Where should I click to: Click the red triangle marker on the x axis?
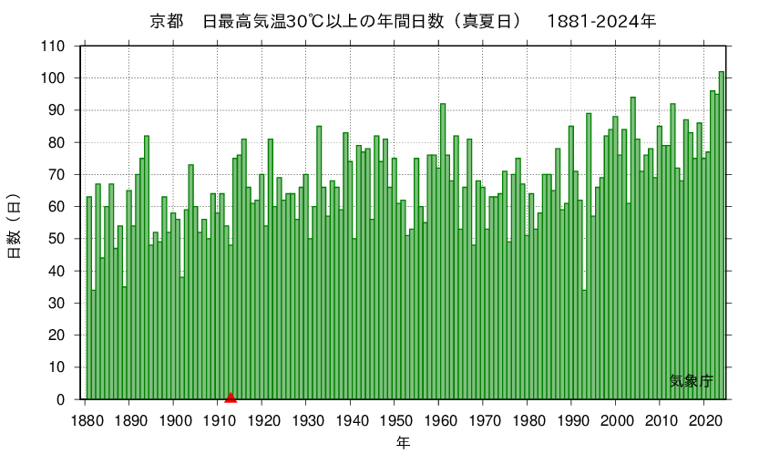point(231,397)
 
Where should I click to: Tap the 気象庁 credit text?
point(692,381)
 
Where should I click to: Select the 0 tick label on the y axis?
point(60,399)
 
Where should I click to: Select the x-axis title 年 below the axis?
point(403,442)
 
